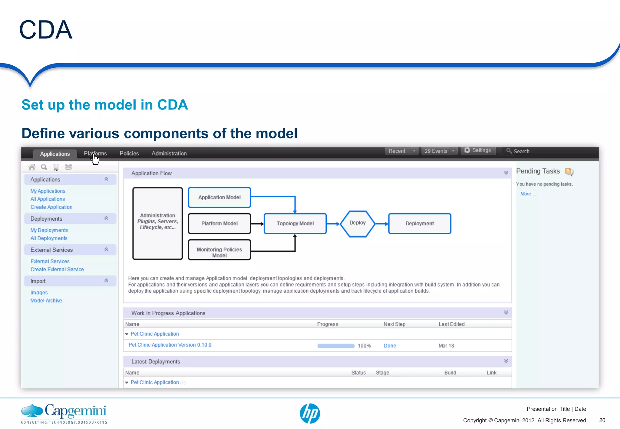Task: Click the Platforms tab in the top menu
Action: click(x=95, y=153)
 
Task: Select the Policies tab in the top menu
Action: click(x=129, y=153)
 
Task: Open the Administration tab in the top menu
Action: click(x=169, y=153)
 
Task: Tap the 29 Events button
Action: click(x=436, y=151)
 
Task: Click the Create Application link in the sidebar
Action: click(x=51, y=207)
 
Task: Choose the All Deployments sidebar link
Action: click(x=49, y=238)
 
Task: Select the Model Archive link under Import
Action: click(x=46, y=300)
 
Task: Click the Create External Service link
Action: click(x=57, y=269)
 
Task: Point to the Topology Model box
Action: click(x=295, y=224)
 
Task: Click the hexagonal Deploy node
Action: click(x=358, y=223)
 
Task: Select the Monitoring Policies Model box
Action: click(x=219, y=250)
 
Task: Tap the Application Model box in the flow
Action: click(x=219, y=197)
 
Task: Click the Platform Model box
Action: click(x=219, y=224)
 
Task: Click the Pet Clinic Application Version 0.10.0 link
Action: click(x=170, y=345)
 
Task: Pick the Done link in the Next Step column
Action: click(x=390, y=345)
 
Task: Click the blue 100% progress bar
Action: click(x=336, y=345)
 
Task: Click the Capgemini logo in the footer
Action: click(x=64, y=413)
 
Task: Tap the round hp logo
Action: click(x=310, y=413)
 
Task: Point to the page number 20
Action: click(x=602, y=420)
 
